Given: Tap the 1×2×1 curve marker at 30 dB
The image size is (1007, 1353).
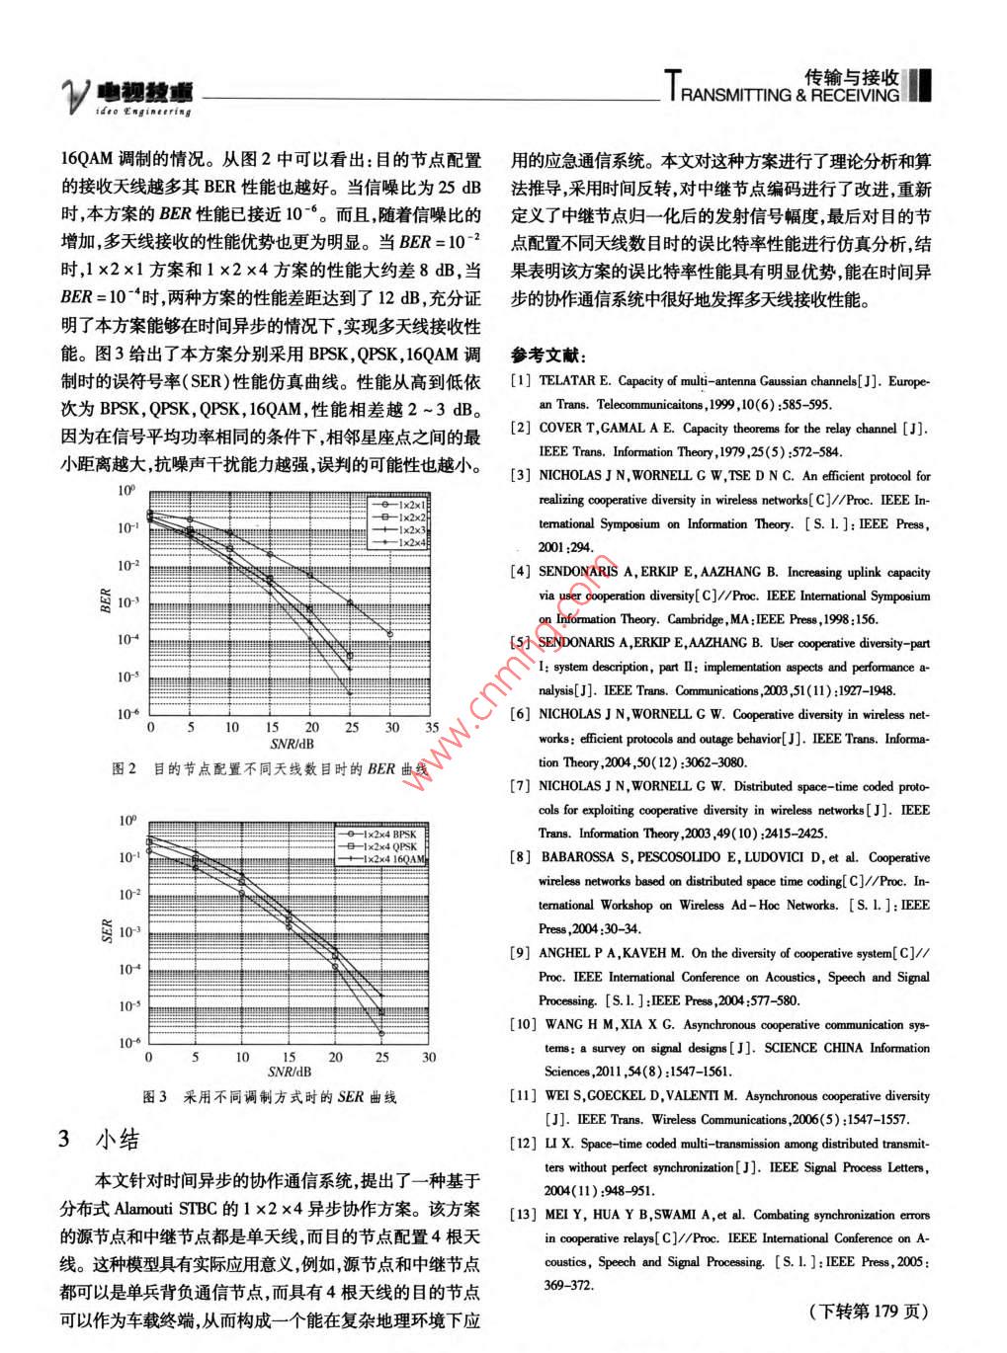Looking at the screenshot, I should pyautogui.click(x=391, y=634).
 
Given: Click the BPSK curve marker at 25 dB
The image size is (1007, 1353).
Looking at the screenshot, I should pyautogui.click(x=381, y=1034).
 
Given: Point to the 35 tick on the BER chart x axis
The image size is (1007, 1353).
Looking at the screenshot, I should pyautogui.click(x=432, y=728).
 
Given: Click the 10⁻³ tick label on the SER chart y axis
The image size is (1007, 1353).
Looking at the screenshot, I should pyautogui.click(x=129, y=932).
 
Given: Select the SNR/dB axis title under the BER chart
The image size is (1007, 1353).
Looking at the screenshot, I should pyautogui.click(x=292, y=745).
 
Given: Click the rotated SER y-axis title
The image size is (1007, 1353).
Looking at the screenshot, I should pyautogui.click(x=108, y=931).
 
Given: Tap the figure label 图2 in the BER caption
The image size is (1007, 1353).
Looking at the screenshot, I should pyautogui.click(x=125, y=768).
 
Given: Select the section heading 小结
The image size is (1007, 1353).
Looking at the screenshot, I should pyautogui.click(x=118, y=1140).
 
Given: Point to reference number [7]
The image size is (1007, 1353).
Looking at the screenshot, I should pyautogui.click(x=520, y=787).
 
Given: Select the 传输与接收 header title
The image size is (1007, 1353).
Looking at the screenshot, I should pyautogui.click(x=851, y=77).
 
